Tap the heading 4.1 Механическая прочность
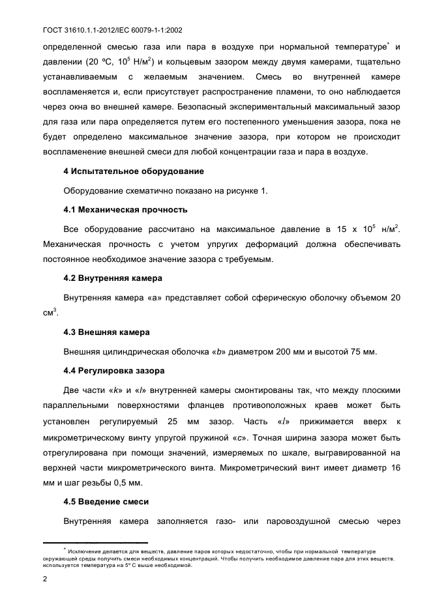coord(125,210)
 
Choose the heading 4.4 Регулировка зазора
coord(114,370)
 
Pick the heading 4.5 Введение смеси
coord(106,502)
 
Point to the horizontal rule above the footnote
coord(95,542)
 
